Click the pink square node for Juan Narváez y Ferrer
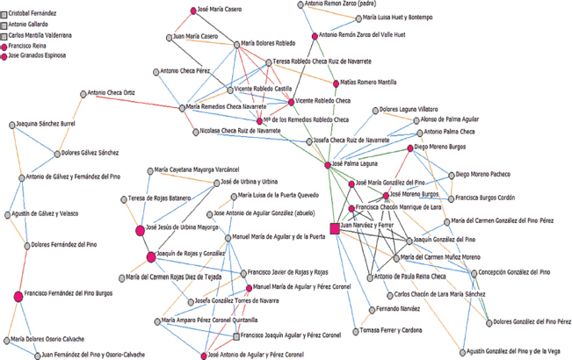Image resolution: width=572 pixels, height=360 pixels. point(334,228)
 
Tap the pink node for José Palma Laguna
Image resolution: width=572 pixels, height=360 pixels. point(327,164)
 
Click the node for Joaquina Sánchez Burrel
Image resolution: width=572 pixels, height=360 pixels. point(12,126)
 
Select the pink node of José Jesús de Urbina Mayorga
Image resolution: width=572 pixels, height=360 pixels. point(140,229)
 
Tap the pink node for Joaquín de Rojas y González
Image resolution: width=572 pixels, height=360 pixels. point(149,256)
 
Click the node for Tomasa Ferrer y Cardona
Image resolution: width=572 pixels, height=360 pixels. point(353,330)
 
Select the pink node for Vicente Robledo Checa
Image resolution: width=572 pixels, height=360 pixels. point(291,101)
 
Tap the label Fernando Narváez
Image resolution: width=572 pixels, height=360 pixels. point(386,309)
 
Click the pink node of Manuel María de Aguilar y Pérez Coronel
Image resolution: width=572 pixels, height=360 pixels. point(247,287)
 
